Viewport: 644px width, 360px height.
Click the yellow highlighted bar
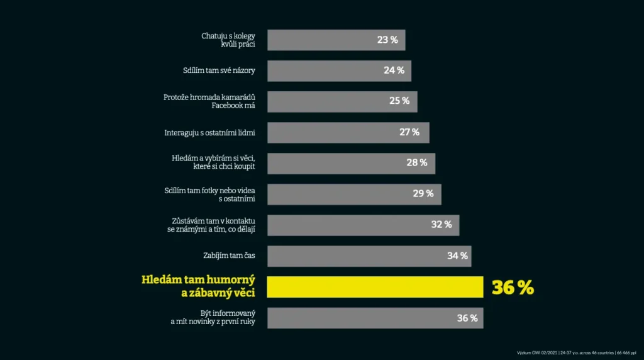[x=375, y=286]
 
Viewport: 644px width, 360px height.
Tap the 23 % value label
[x=387, y=40]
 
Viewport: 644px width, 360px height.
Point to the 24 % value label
[x=394, y=70]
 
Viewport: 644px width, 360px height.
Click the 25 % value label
[x=399, y=101]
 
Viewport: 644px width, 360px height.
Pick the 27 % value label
[x=409, y=132]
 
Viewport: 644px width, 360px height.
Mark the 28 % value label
[x=416, y=163]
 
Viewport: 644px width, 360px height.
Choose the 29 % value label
[x=423, y=194]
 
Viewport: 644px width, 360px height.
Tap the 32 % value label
[x=441, y=225]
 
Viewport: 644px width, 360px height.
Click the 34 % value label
[x=457, y=256]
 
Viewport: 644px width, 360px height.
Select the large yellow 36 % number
[x=513, y=287]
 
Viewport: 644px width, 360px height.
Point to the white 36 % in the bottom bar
[x=467, y=318]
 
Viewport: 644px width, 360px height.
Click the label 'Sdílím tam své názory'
[x=219, y=70]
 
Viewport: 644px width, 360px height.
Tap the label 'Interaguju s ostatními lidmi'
[x=209, y=133]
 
